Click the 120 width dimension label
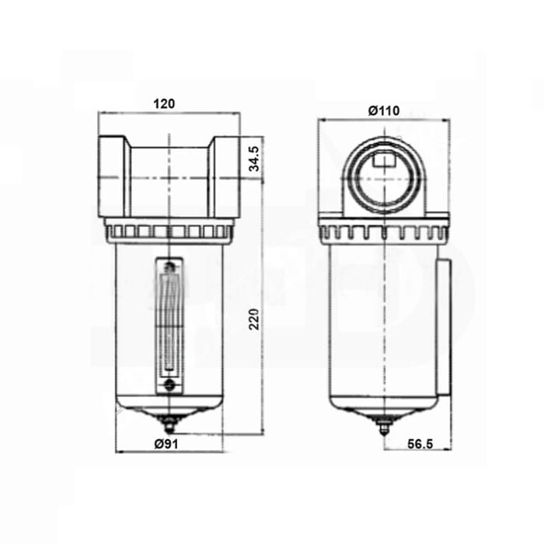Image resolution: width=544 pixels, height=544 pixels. click(164, 103)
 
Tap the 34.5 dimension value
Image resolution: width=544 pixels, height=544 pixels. click(254, 159)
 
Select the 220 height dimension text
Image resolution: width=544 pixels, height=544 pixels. click(254, 319)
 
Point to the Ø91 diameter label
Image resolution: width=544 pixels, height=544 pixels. click(166, 444)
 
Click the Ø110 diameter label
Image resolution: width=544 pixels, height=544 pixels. click(384, 110)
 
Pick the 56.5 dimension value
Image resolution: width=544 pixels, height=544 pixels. click(420, 444)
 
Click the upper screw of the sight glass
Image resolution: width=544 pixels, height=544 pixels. click(169, 267)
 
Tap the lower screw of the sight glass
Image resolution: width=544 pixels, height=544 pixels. click(169, 385)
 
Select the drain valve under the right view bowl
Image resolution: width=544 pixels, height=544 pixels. click(385, 425)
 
